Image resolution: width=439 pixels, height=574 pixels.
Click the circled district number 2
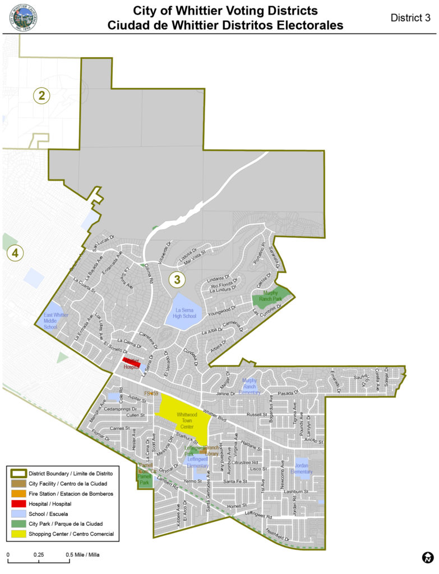click(x=41, y=95)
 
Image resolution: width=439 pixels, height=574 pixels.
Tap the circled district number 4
click(x=15, y=253)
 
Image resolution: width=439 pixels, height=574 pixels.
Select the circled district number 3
click(x=177, y=278)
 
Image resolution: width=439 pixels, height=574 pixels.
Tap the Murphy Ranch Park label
click(x=271, y=296)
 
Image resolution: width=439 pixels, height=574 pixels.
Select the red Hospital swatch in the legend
click(x=17, y=503)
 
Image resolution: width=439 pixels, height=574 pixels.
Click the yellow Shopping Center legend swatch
click(x=17, y=534)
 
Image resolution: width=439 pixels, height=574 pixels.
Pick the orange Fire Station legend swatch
click(x=17, y=493)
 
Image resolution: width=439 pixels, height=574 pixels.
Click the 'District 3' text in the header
click(x=410, y=17)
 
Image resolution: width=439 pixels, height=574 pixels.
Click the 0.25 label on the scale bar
click(x=39, y=554)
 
